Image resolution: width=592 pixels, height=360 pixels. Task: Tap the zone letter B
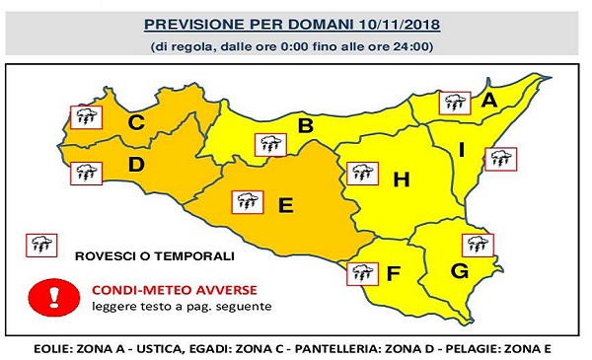pos(306,125)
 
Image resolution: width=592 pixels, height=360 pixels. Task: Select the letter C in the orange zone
pos(137,123)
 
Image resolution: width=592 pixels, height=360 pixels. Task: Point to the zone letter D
pos(137,165)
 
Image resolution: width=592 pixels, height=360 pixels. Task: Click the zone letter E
pos(286,205)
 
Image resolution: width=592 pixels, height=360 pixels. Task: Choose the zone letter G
pos(459,270)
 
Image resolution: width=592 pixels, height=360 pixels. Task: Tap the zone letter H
pos(401,180)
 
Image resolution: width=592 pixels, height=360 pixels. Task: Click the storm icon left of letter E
pos(246,203)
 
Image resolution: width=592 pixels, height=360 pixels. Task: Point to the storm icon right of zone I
pos(502,159)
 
